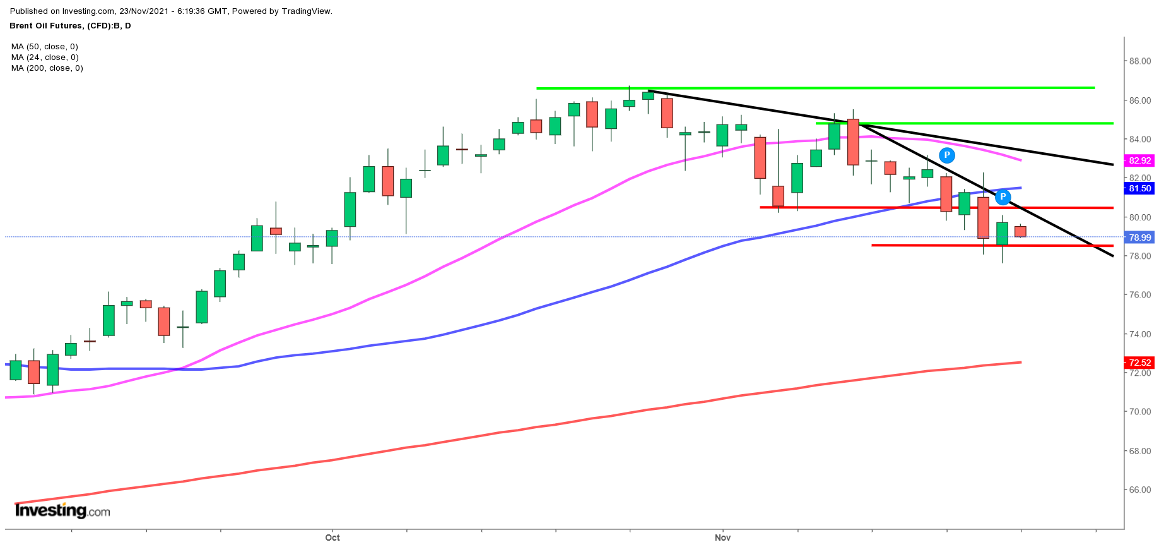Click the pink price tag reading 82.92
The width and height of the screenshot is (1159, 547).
1139,160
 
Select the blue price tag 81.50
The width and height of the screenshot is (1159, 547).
1139,188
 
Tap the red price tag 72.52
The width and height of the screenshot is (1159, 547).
1139,363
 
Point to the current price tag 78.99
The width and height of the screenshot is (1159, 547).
1139,237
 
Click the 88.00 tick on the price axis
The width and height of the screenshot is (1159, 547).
1139,61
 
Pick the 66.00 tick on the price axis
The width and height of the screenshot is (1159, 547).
1139,490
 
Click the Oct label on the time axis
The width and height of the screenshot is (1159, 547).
332,538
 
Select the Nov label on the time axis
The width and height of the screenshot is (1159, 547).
722,538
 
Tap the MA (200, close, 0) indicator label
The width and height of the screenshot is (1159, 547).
47,68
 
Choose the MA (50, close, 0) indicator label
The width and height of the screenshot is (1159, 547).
44,47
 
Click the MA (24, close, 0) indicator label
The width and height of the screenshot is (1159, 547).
44,57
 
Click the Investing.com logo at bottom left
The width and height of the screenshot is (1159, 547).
62,510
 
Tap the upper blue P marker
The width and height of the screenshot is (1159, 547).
946,155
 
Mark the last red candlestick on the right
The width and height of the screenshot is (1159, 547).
1020,231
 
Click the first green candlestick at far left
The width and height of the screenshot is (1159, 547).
16,370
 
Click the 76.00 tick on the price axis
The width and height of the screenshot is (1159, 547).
1139,295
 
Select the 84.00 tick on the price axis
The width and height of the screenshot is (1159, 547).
1139,139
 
